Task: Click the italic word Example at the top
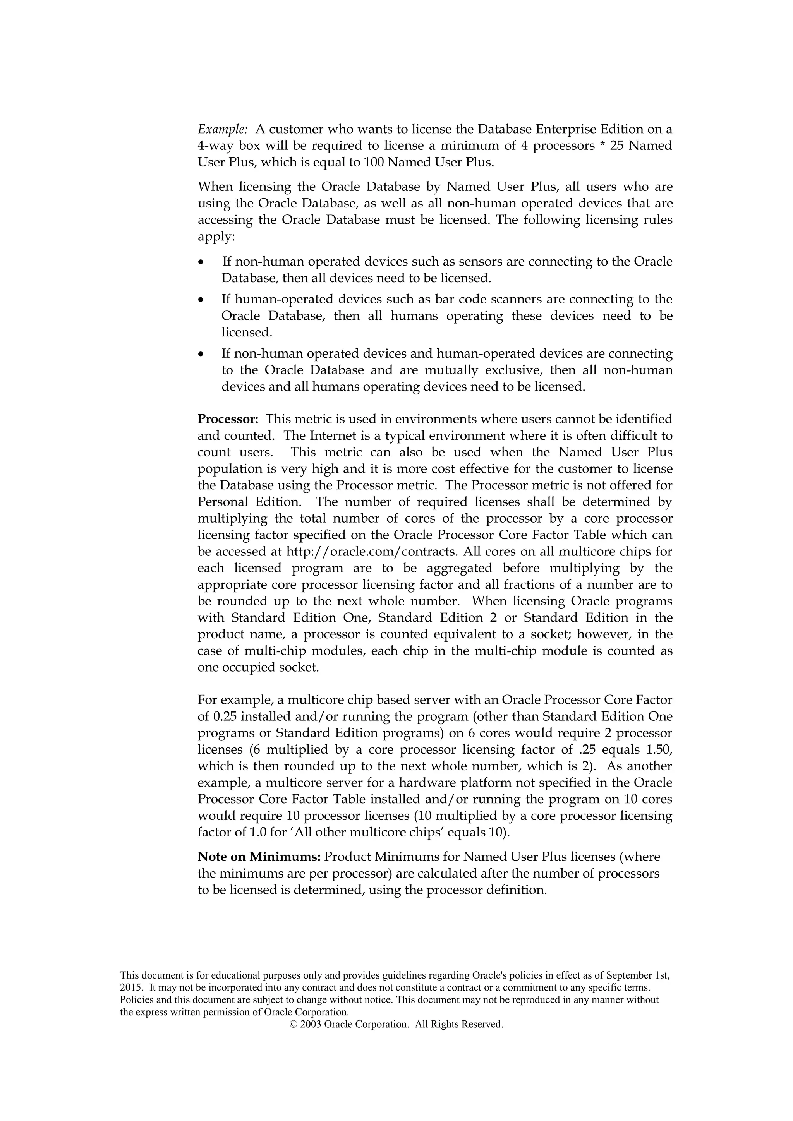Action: click(223, 129)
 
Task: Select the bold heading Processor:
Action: click(228, 419)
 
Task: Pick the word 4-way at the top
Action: click(215, 146)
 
